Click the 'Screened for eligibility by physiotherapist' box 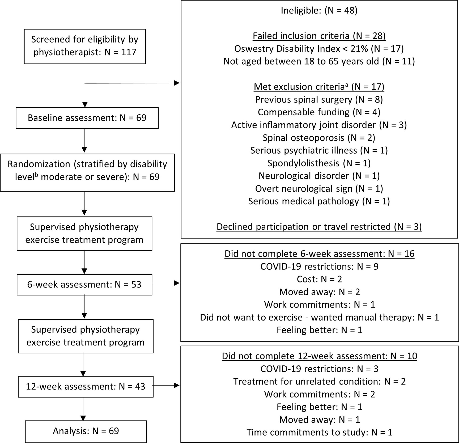85,46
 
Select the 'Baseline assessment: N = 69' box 87,118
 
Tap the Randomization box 87,171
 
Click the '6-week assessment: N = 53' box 84,285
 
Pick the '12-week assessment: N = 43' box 86,386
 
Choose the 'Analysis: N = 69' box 86,431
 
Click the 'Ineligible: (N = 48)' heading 319,11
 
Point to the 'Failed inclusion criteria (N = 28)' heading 319,36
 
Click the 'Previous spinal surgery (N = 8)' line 319,100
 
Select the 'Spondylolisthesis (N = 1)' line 319,163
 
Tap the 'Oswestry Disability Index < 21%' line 319,49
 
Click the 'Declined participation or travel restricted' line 319,227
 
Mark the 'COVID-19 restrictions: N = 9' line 319,267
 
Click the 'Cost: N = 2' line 319,279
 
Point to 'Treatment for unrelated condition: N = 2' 319,382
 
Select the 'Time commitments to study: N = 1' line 319,432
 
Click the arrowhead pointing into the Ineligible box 177,83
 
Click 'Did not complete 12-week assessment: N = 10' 319,356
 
